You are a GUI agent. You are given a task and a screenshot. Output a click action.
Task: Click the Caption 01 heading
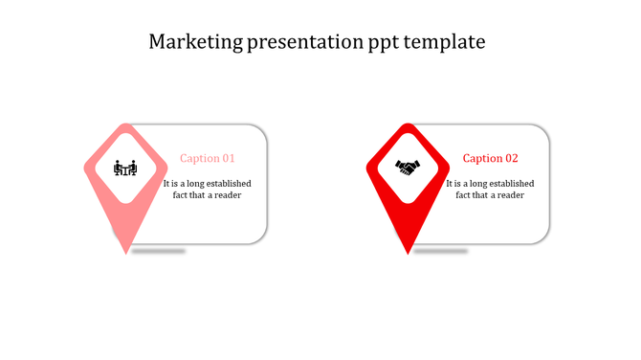point(208,158)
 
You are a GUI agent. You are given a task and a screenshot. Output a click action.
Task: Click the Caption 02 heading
point(490,158)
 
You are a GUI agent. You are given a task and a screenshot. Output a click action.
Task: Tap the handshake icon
point(408,168)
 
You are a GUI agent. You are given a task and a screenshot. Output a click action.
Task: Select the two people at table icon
point(125,169)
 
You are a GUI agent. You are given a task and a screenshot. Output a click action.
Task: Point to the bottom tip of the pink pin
point(125,253)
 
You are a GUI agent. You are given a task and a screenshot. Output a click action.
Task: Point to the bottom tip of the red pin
point(409,253)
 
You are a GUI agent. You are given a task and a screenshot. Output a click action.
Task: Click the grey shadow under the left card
point(158,251)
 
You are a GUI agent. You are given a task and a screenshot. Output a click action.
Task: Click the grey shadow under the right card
point(440,251)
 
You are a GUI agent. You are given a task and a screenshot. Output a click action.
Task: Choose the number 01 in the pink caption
point(228,158)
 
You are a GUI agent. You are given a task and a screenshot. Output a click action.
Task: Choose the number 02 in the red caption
point(511,158)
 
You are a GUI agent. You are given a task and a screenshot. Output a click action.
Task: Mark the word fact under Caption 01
point(181,195)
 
